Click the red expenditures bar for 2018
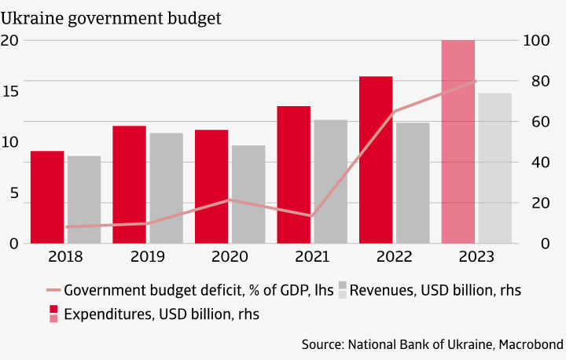[x=47, y=197]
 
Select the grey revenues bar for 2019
[x=166, y=188]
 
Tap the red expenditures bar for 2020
[x=211, y=186]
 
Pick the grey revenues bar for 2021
[x=330, y=182]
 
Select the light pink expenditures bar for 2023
[x=458, y=141]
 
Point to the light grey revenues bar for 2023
[x=495, y=168]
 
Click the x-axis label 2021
[x=312, y=257]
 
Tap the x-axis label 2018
[x=65, y=257]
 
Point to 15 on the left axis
[x=9, y=91]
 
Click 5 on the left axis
[x=13, y=193]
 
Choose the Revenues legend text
[x=435, y=290]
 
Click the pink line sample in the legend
[x=53, y=290]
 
